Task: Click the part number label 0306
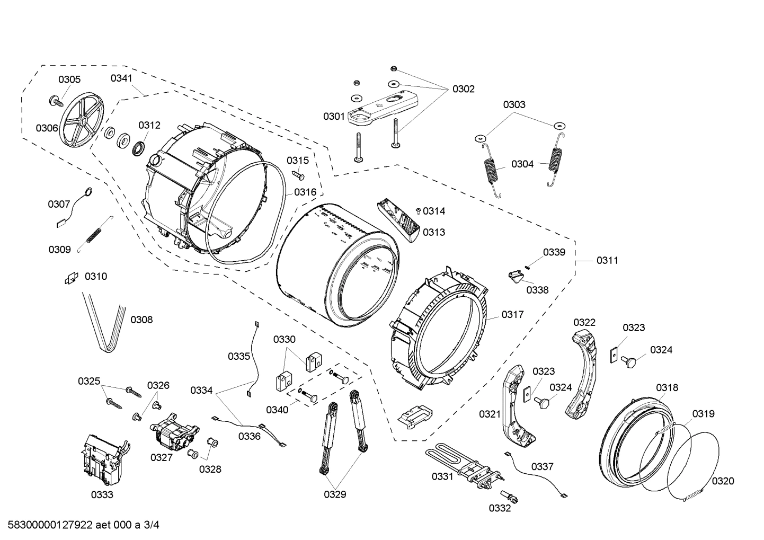point(47,128)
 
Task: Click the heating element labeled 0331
point(461,464)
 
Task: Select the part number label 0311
point(607,260)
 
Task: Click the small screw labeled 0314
point(419,211)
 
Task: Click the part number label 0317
point(512,314)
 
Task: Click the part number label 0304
point(522,164)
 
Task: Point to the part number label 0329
point(335,494)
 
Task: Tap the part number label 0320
point(723,481)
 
